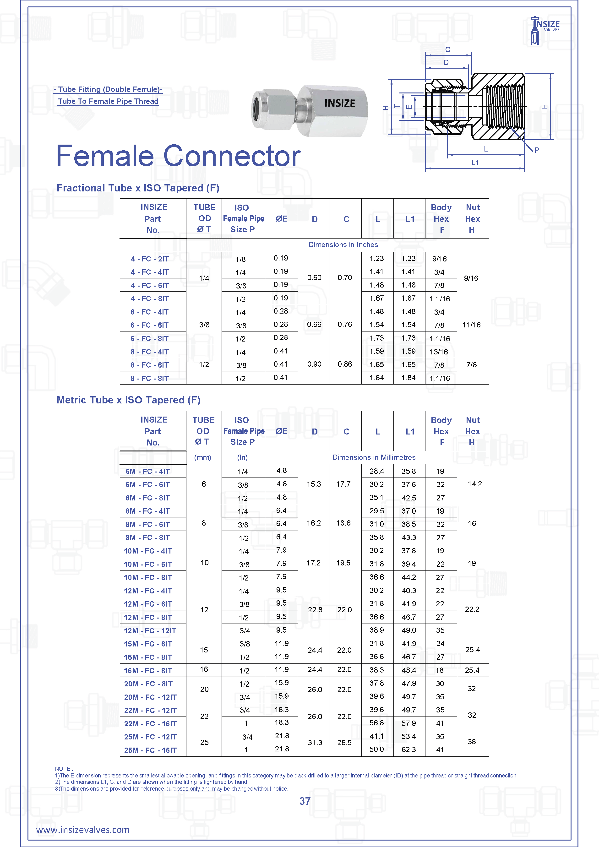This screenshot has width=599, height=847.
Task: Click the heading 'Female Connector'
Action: (x=178, y=156)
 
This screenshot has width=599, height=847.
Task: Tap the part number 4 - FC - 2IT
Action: (x=149, y=259)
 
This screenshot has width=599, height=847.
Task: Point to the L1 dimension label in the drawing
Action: (x=475, y=163)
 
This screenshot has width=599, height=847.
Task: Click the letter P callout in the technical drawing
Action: (x=537, y=150)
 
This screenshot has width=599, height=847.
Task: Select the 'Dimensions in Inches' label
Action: (x=343, y=244)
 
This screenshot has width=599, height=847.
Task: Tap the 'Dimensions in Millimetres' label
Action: (x=374, y=457)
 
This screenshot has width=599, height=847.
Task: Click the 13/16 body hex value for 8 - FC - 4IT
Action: (x=439, y=352)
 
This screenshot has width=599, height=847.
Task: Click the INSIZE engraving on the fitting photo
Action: (x=340, y=103)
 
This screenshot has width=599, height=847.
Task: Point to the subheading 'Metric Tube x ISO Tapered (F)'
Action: (x=128, y=400)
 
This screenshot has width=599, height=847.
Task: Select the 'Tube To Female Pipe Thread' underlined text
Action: (x=108, y=101)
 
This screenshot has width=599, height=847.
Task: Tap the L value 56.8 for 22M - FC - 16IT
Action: (x=377, y=723)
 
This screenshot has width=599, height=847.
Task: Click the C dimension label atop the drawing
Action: (x=448, y=50)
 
